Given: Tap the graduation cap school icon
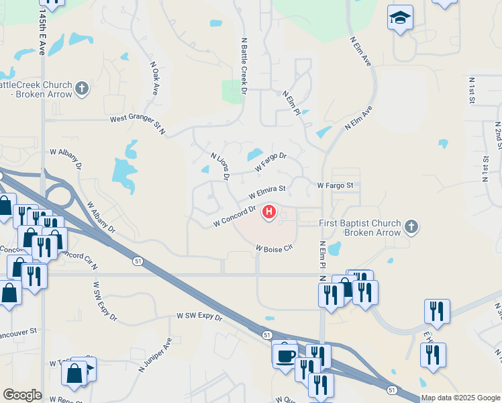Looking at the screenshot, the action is pyautogui.click(x=400, y=19).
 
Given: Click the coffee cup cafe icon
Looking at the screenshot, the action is pyautogui.click(x=285, y=355).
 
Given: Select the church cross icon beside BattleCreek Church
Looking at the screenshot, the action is pyautogui.click(x=82, y=89).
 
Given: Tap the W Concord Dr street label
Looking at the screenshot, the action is pyautogui.click(x=234, y=216).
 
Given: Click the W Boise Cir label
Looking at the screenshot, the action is pyautogui.click(x=274, y=248).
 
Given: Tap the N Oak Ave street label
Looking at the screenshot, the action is pyautogui.click(x=154, y=79).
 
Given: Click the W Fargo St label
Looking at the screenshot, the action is pyautogui.click(x=339, y=185).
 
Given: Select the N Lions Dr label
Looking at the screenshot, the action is pyautogui.click(x=220, y=167).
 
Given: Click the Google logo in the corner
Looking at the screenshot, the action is pyautogui.click(x=22, y=395).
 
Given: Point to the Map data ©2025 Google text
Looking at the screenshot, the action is pyautogui.click(x=460, y=398).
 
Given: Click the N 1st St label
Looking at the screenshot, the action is pyautogui.click(x=472, y=90).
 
